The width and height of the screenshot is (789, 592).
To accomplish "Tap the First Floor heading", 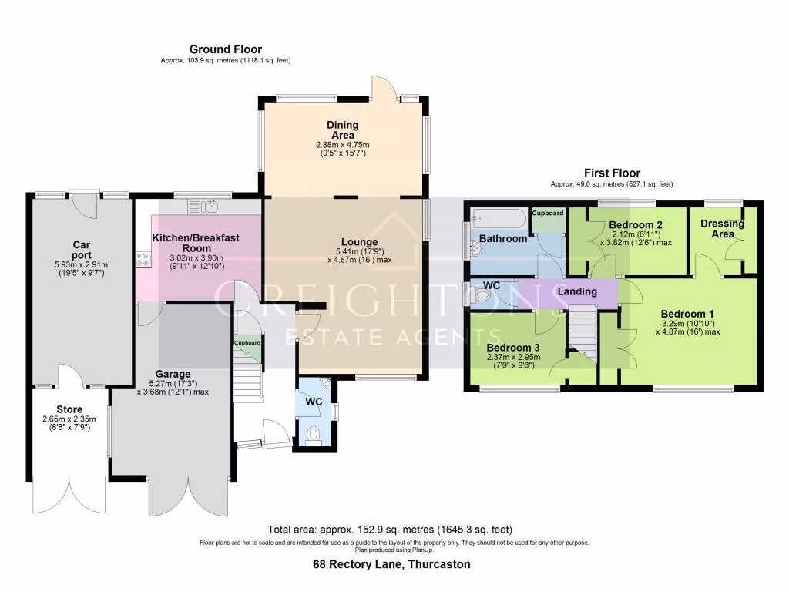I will pos(612,173).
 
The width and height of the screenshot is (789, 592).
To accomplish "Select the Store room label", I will pos(69,409).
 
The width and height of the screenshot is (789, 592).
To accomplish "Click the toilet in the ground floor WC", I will pos(313,436).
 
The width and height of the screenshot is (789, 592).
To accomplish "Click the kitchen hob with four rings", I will pos(142,260).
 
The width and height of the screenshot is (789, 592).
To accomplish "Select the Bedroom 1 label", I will pos(687,314).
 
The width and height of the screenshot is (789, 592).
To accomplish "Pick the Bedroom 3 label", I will pos(512,347).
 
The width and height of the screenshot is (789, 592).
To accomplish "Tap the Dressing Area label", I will pos(722,228).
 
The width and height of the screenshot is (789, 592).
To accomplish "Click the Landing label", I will pos(577,291).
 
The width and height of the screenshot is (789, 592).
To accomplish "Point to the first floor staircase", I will pos(583,332).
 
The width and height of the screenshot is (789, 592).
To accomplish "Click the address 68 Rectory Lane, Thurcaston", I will pos(391,564).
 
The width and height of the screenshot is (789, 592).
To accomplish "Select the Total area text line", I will pos(389,530).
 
